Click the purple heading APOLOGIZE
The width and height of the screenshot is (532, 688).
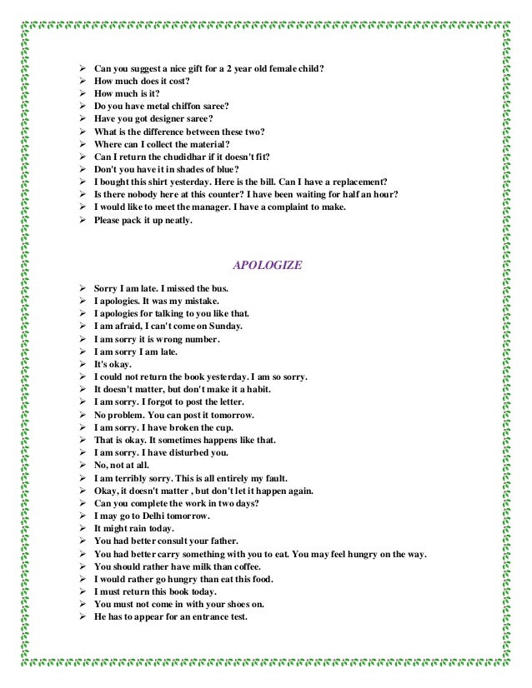coord(267,266)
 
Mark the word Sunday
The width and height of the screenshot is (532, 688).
coord(224,327)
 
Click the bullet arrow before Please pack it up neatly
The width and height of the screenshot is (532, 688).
coord(82,220)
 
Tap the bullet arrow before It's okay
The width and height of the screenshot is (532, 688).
coord(82,364)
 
